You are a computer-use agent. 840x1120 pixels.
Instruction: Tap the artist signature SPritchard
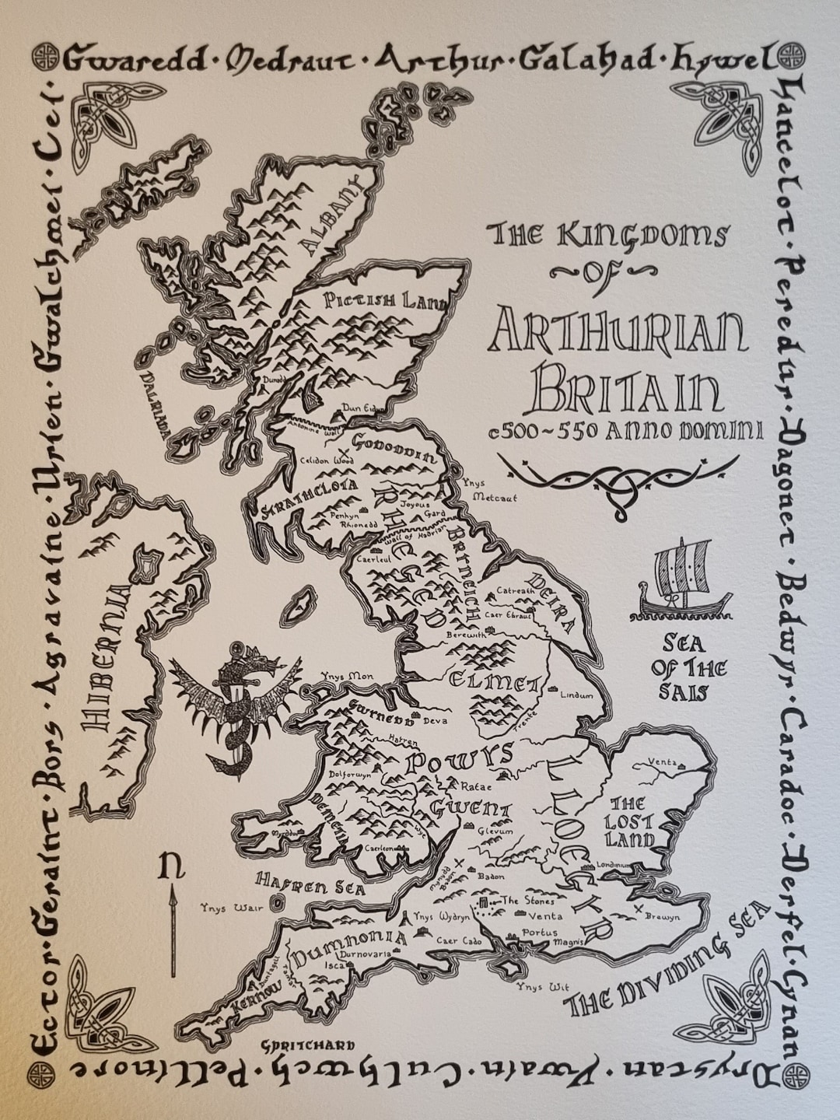click(309, 1046)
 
